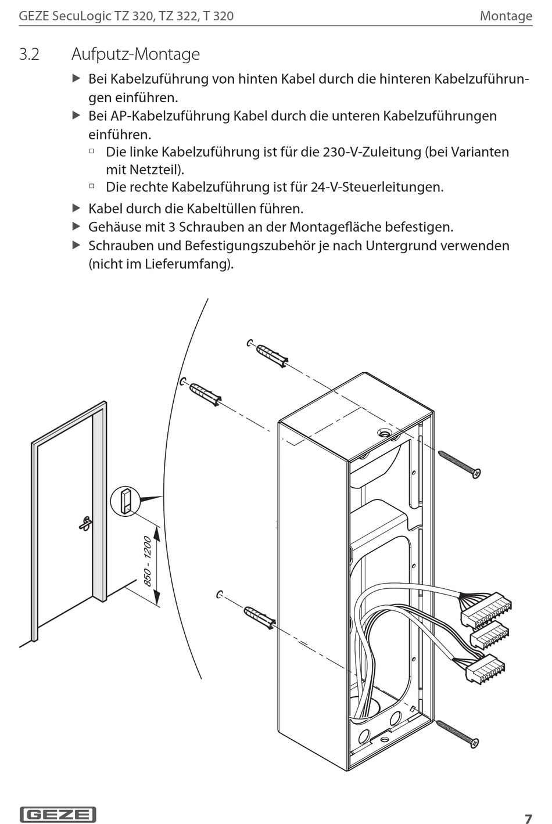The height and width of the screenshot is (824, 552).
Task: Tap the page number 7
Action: (x=528, y=819)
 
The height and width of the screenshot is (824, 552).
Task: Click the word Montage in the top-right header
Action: (x=506, y=16)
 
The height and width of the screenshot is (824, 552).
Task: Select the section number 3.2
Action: (x=29, y=55)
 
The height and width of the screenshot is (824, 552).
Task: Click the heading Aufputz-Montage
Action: (x=135, y=55)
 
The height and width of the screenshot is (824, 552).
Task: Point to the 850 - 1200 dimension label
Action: (x=148, y=561)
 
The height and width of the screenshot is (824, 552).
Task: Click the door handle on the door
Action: (x=85, y=523)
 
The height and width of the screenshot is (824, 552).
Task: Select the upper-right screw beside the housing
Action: (x=459, y=465)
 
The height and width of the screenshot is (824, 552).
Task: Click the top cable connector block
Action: (x=486, y=609)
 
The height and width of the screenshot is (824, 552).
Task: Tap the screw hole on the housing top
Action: (x=384, y=433)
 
